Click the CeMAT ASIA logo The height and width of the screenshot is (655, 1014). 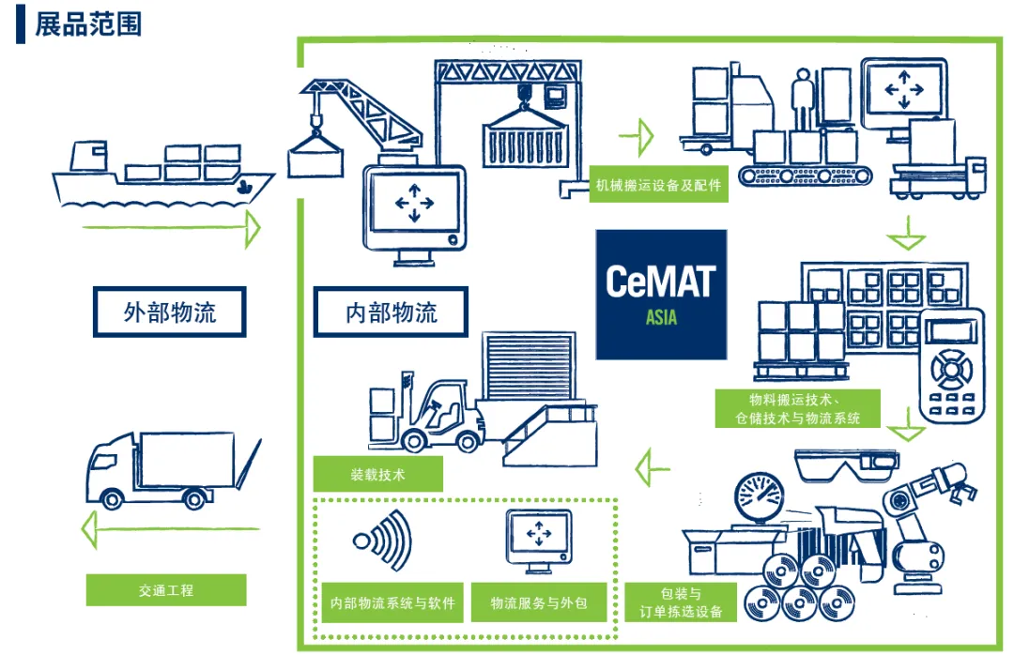coord(661,294)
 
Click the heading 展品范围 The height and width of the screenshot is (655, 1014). coord(88,23)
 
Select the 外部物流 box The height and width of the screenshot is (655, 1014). coord(169,312)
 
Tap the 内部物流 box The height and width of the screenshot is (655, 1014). coord(391,312)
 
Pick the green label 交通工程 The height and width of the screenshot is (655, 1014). coord(165,590)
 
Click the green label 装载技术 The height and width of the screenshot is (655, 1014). coord(376,474)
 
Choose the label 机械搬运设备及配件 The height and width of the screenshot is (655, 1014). coord(658,185)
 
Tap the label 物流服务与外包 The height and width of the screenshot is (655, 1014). coord(539,602)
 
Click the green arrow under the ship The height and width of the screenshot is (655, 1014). coord(169,228)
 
